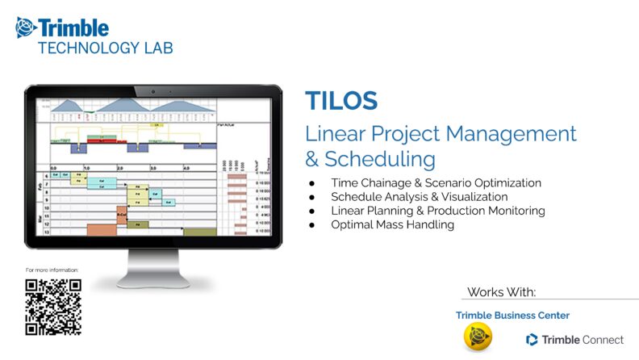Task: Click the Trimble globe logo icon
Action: point(26,28)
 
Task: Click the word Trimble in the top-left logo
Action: point(73,27)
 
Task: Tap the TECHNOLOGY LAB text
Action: point(105,48)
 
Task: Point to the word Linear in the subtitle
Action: point(338,133)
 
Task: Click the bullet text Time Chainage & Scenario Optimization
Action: point(436,183)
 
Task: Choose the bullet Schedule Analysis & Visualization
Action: point(419,197)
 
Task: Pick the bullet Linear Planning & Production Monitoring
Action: point(437,211)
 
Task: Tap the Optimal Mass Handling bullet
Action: point(392,224)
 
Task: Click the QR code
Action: point(53,307)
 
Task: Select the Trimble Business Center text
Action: point(512,315)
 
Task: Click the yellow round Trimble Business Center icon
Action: point(478,337)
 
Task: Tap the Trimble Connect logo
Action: point(574,339)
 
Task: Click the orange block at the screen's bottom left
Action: point(101,230)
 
